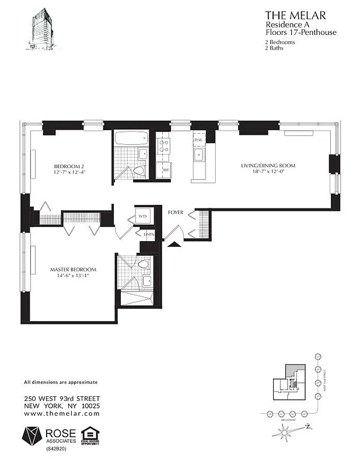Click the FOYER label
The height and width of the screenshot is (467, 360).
[x=176, y=213]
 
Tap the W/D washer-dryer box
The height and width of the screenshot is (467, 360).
[x=143, y=217]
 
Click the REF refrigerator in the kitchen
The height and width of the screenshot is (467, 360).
[x=166, y=170]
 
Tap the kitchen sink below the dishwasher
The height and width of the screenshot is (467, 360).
[x=199, y=155]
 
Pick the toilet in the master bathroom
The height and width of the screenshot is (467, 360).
[x=144, y=264]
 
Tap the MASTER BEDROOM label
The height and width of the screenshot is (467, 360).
[x=73, y=270]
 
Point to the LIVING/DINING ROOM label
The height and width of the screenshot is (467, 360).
[x=268, y=166]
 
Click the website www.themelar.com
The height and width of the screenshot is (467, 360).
[x=62, y=413]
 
